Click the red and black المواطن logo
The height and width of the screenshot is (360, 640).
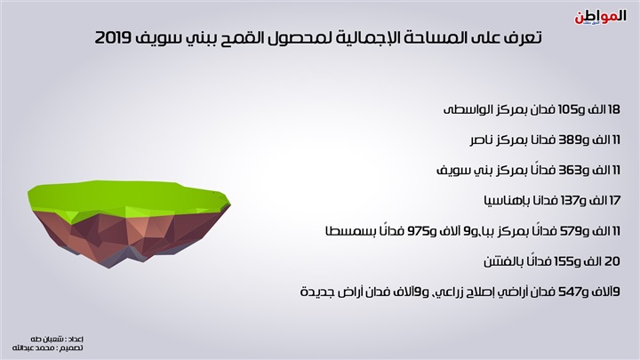click(x=600, y=18)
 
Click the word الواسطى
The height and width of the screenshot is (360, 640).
click(x=465, y=110)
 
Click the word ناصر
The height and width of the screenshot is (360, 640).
click(x=482, y=140)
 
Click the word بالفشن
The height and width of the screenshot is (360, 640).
click(x=501, y=261)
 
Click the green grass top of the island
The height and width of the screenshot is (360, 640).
click(x=126, y=197)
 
